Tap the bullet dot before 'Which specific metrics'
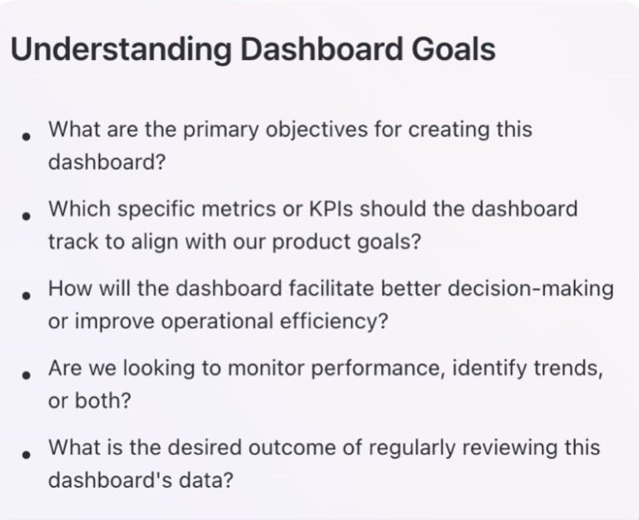click(27, 215)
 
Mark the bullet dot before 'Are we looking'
click(27, 374)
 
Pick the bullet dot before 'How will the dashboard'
click(27, 295)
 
